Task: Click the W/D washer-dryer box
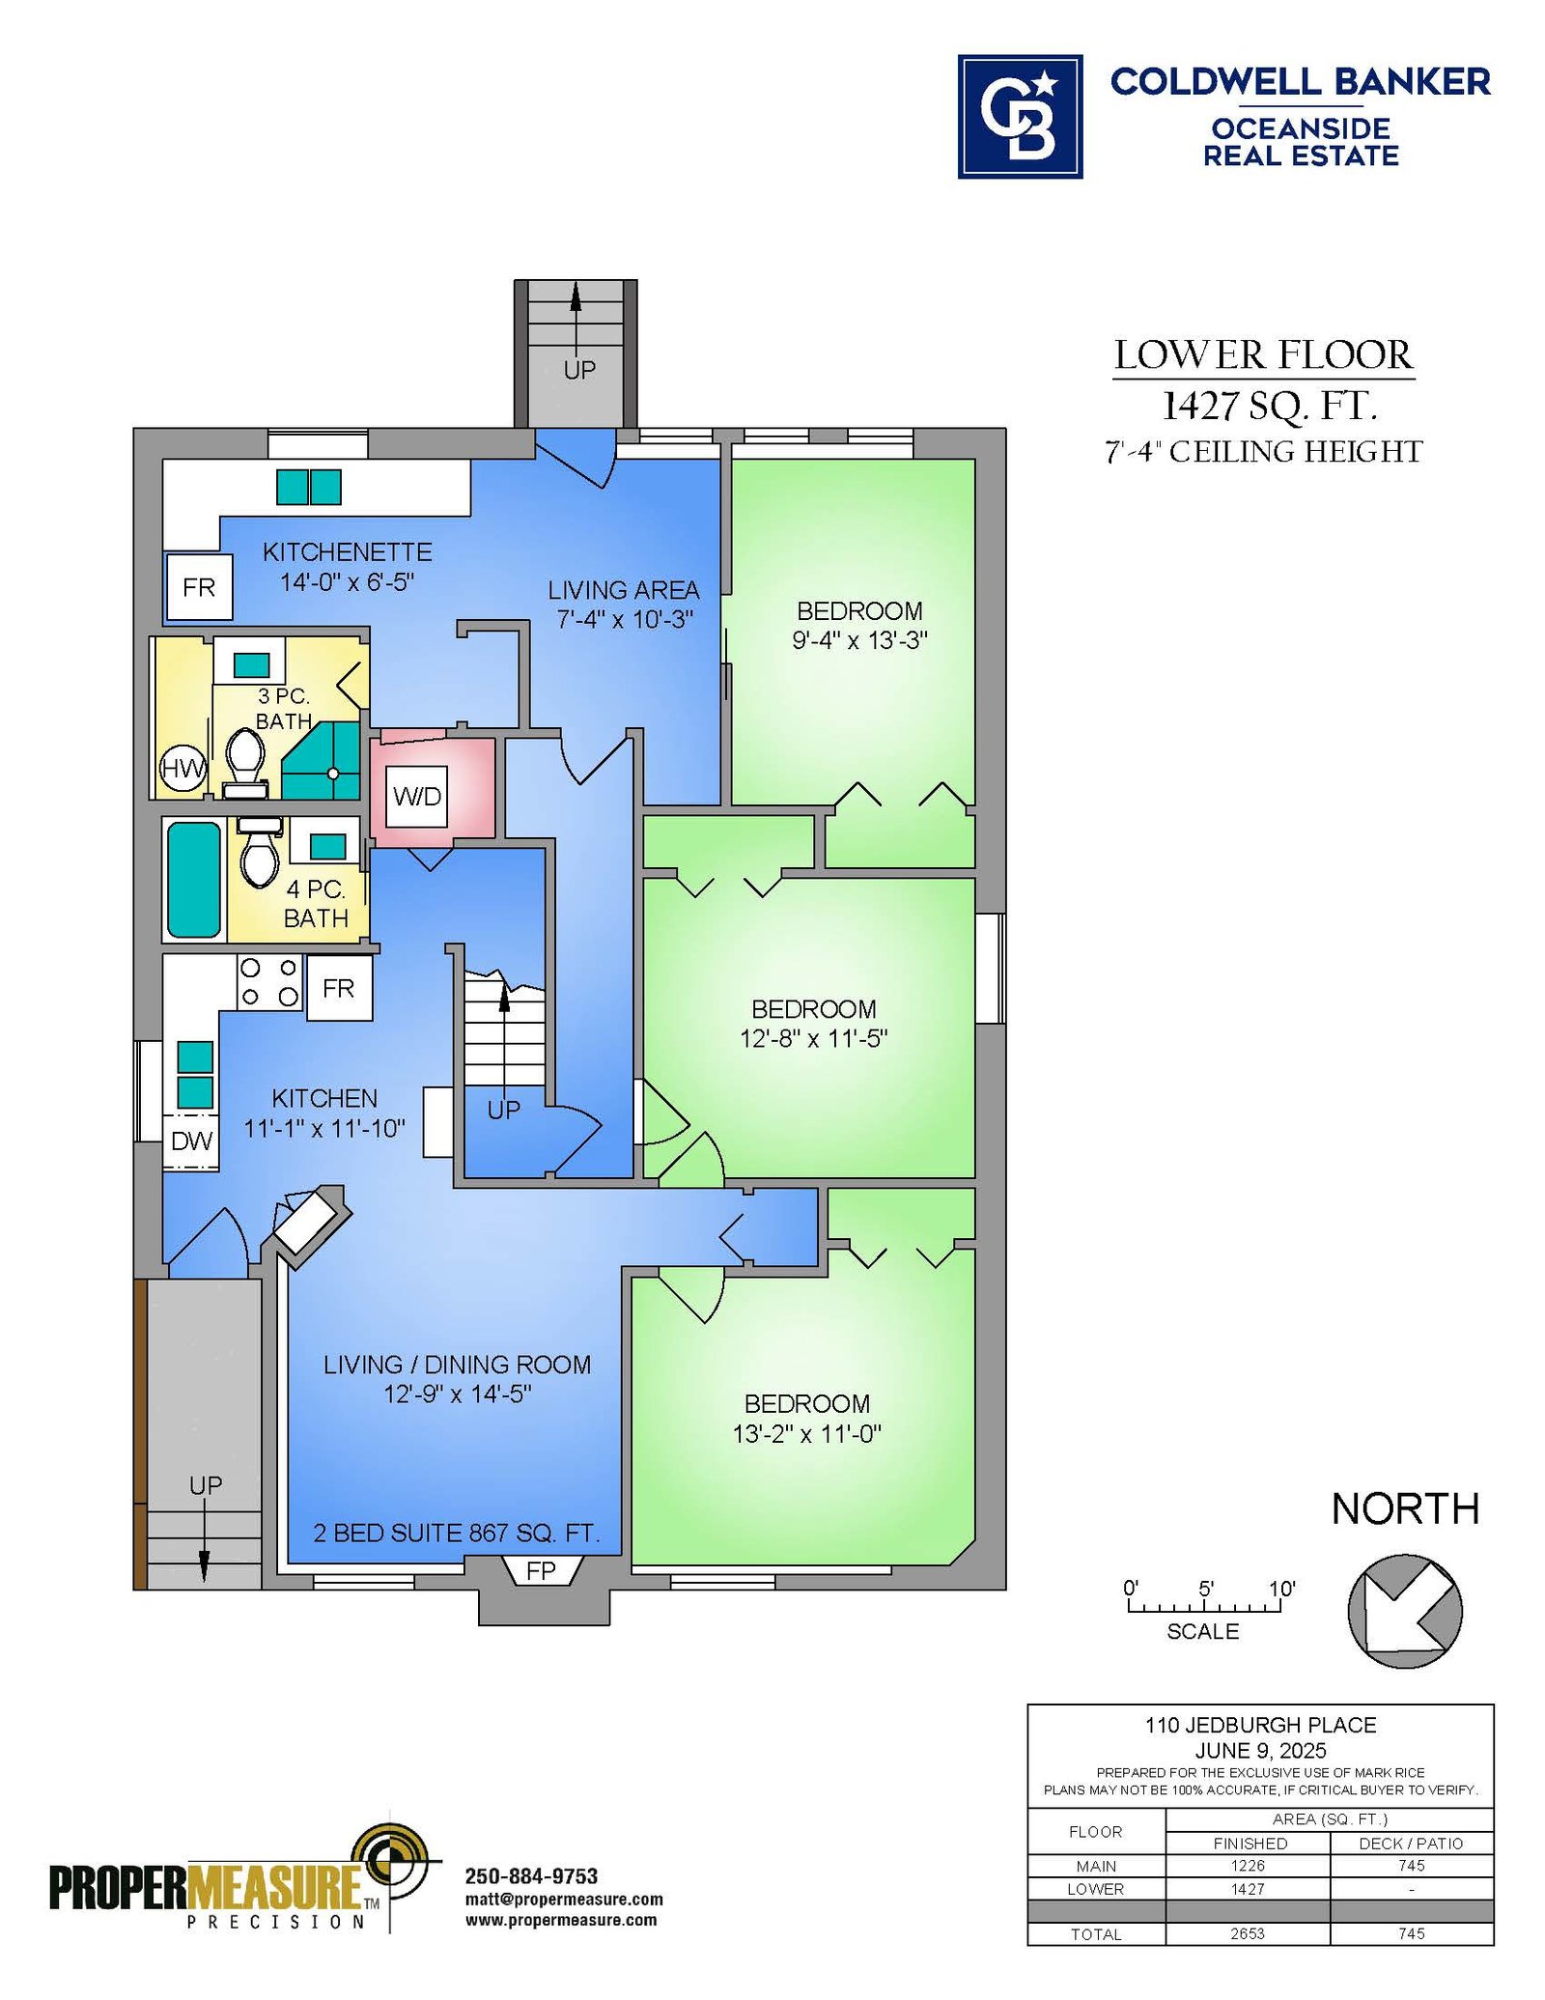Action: pyautogui.click(x=416, y=796)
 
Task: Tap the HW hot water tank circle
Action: pyautogui.click(x=183, y=769)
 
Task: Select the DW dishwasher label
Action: pyautogui.click(x=191, y=1141)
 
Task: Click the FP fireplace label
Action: pyautogui.click(x=541, y=1571)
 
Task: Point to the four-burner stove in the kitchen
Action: pyautogui.click(x=269, y=982)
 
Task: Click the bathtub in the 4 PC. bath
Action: pyautogui.click(x=194, y=879)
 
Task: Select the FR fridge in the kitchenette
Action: pyautogui.click(x=200, y=587)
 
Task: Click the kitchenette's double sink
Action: pyautogui.click(x=309, y=487)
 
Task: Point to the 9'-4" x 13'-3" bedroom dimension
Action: pyautogui.click(x=859, y=640)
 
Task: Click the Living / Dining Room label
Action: pyautogui.click(x=457, y=1365)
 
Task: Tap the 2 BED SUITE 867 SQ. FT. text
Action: pyautogui.click(x=457, y=1533)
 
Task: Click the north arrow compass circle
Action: pyautogui.click(x=1405, y=1611)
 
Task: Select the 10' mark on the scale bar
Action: pyautogui.click(x=1281, y=1589)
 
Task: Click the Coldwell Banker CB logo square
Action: pyautogui.click(x=1020, y=117)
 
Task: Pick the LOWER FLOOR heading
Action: pyautogui.click(x=1263, y=355)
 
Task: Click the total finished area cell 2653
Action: pyautogui.click(x=1248, y=1933)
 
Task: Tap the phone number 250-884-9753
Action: pyautogui.click(x=531, y=1875)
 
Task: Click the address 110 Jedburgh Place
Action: pyautogui.click(x=1260, y=1725)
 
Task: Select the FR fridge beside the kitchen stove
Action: pyautogui.click(x=339, y=988)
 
